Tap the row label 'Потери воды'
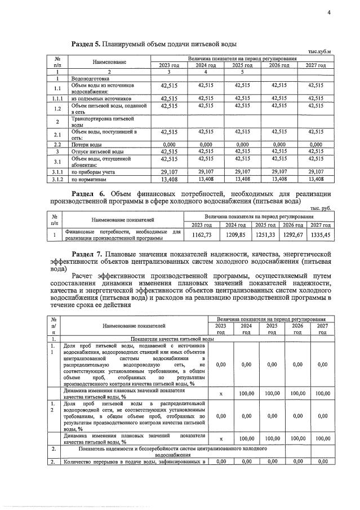86,145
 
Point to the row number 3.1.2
57,180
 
